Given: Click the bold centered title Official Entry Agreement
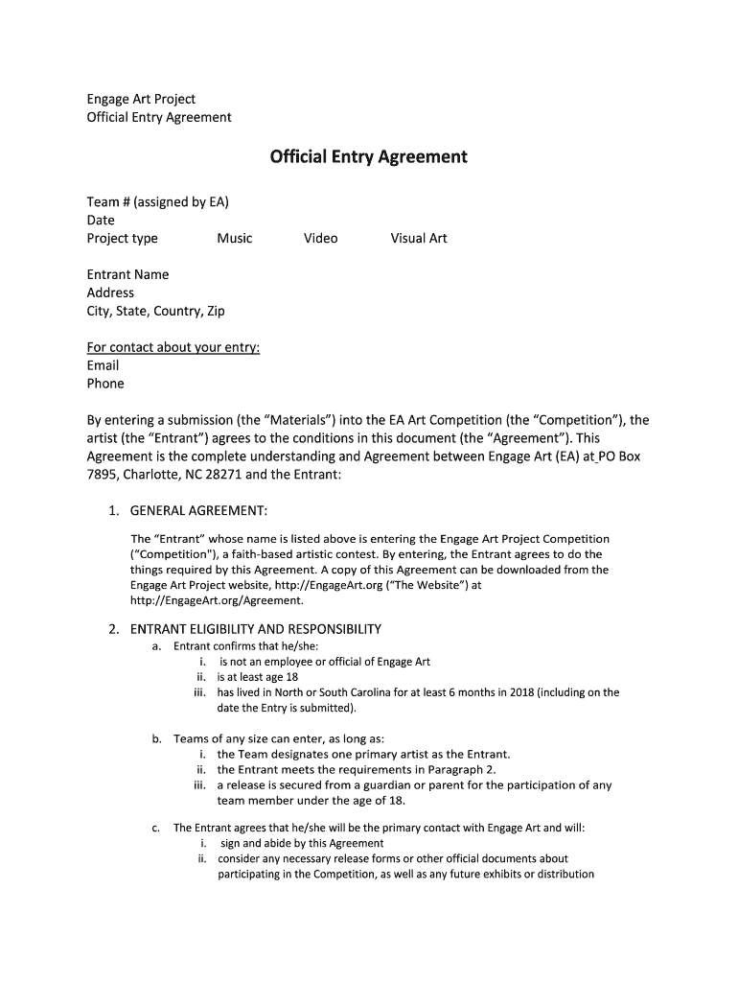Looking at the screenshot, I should click(x=368, y=156).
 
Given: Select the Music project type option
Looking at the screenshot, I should click(x=234, y=239).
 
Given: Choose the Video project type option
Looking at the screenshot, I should click(x=320, y=239).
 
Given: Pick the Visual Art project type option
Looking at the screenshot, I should click(x=418, y=239).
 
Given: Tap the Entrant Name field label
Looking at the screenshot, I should click(x=127, y=275).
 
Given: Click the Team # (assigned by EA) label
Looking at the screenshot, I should click(x=157, y=202).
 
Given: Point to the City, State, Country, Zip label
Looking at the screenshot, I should click(x=156, y=312).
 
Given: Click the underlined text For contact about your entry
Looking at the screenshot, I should click(x=173, y=347).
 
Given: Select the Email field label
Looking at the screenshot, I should click(x=103, y=365).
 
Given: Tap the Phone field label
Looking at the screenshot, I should click(x=105, y=384).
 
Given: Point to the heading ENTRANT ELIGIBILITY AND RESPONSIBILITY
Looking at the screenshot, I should click(x=255, y=629).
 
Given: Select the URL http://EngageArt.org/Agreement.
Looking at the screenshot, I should click(x=217, y=600).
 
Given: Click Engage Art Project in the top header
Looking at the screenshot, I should click(x=141, y=99).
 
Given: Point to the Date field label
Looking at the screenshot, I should click(x=101, y=221).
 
